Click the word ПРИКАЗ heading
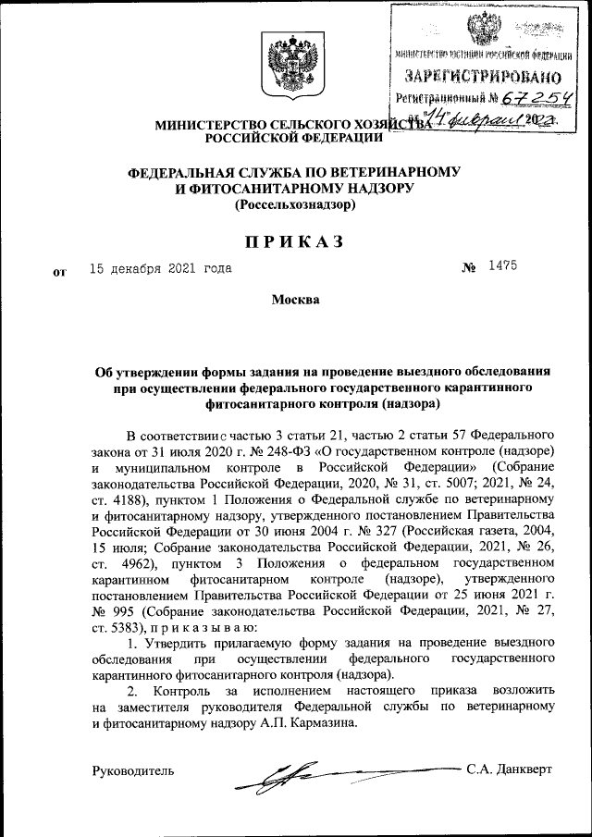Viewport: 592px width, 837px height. click(294, 241)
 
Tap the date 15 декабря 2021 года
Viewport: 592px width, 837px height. click(160, 269)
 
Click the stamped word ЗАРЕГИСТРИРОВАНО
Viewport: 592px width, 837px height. click(481, 75)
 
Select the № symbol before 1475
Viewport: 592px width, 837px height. click(469, 267)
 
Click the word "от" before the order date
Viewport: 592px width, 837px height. click(62, 272)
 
